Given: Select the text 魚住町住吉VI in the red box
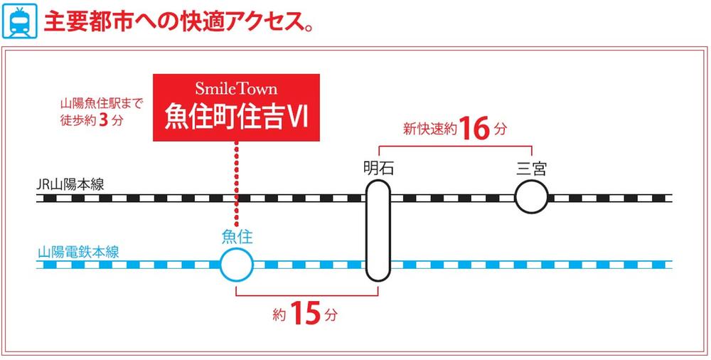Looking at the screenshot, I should coord(236,115).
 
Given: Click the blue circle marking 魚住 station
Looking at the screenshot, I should coord(237,266).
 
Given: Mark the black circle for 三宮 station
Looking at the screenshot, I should coord(532,197).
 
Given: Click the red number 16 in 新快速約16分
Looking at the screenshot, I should coord(475,129).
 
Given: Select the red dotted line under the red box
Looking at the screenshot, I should coord(236,185).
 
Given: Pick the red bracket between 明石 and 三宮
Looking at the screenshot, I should coord(455,147).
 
